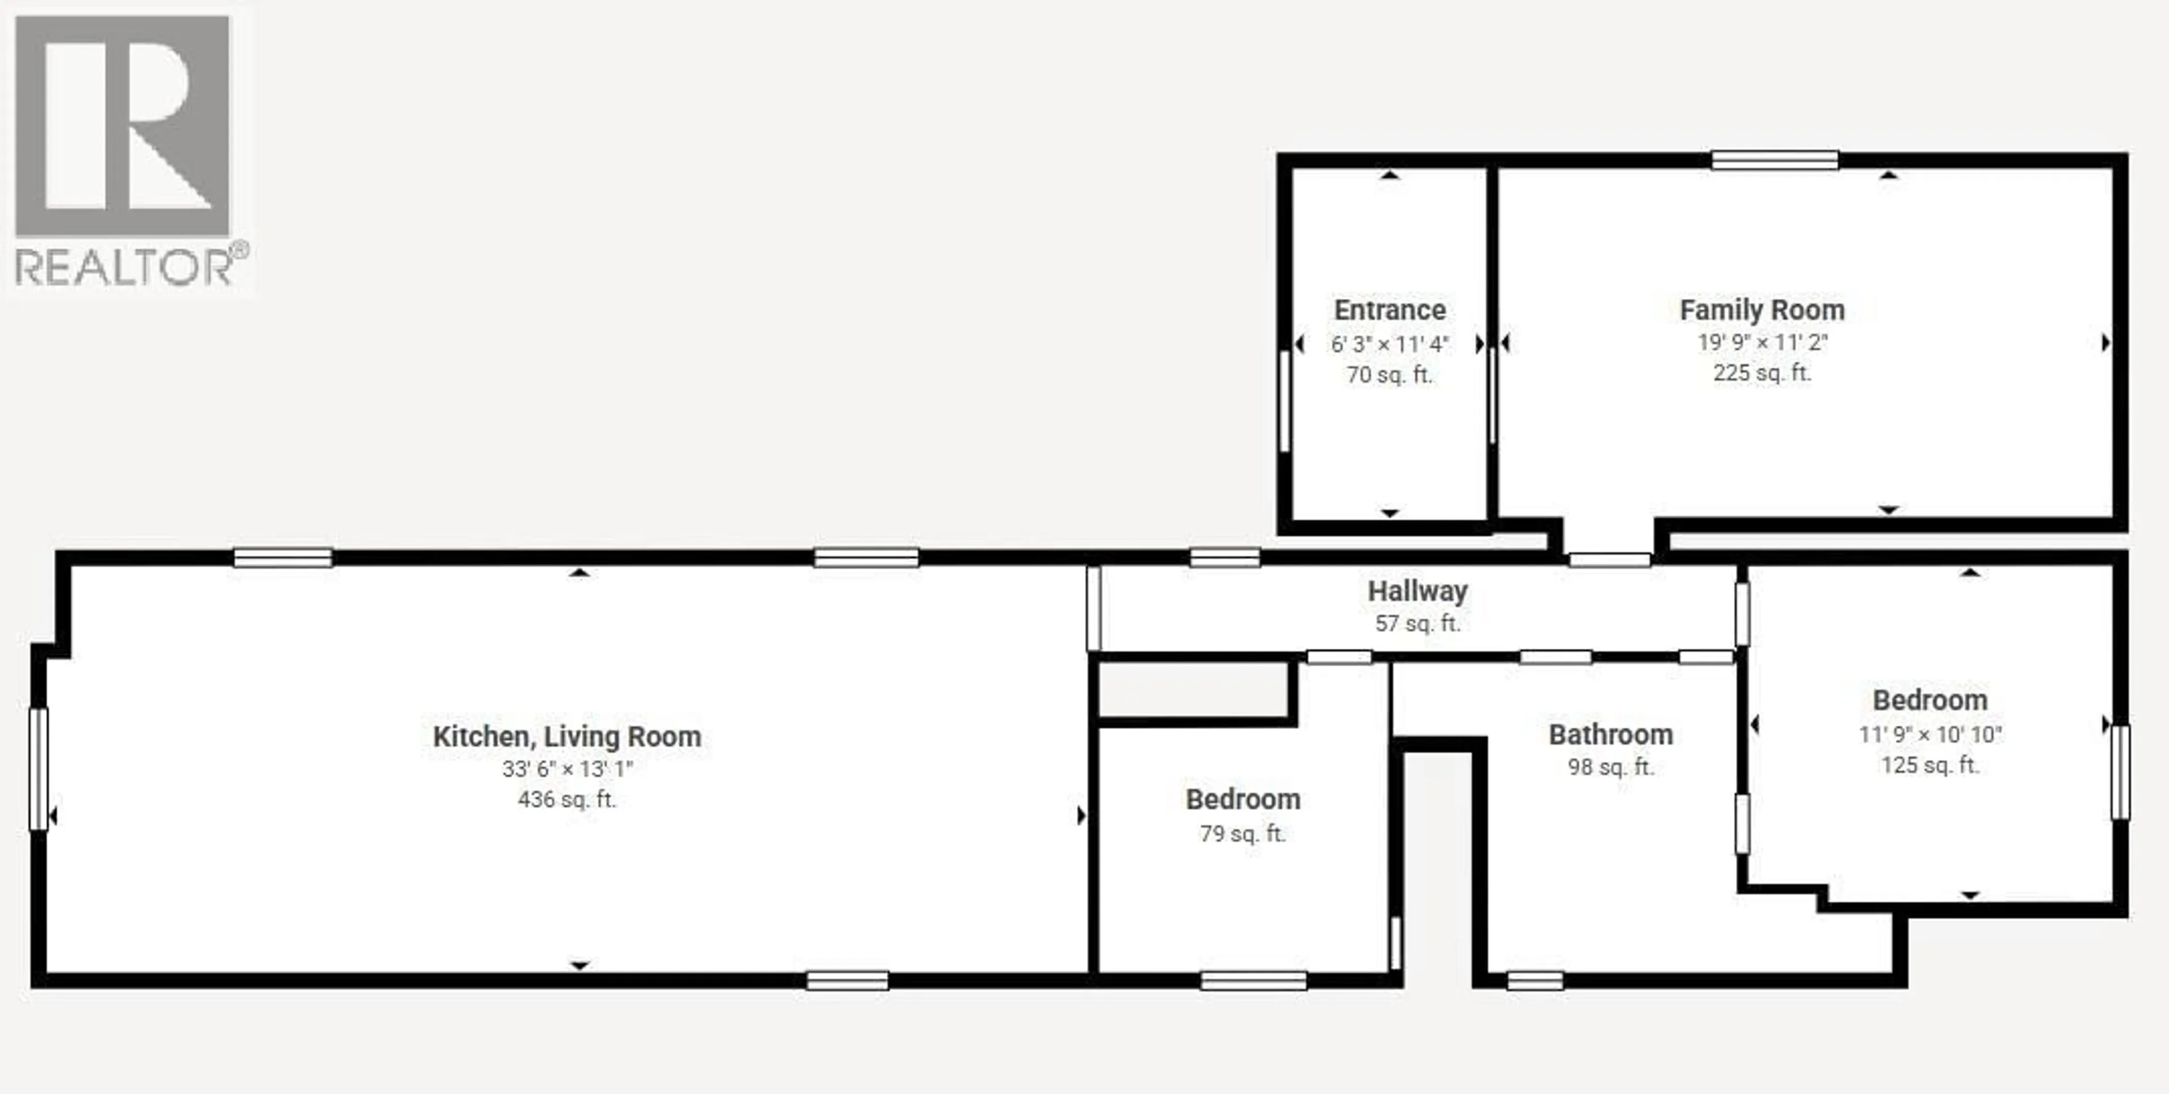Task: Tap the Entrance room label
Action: click(x=1390, y=310)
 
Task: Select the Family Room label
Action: click(x=1762, y=310)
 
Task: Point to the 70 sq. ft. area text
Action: click(x=1390, y=375)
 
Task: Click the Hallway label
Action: click(x=1417, y=591)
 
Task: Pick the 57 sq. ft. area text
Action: click(x=1417, y=624)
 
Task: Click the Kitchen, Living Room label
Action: click(x=567, y=736)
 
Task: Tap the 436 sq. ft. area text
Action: click(x=567, y=799)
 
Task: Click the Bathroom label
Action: click(x=1610, y=735)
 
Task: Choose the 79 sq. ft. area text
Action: click(x=1242, y=833)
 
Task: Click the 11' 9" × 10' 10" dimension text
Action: click(x=1930, y=735)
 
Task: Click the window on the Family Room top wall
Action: click(x=1774, y=160)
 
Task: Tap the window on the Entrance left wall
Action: click(x=1284, y=400)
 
